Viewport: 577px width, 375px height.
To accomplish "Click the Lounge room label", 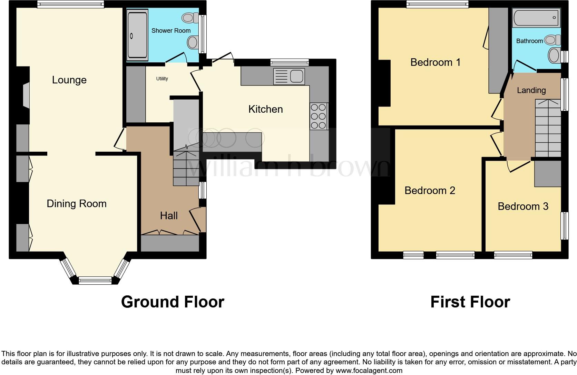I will coord(69,80).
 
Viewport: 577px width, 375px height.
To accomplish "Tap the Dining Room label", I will coord(76,204).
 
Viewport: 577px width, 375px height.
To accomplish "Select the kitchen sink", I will coord(289,76).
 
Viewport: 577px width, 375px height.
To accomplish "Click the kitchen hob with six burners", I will coord(319,116).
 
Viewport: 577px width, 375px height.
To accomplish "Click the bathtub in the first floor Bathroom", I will coord(536,18).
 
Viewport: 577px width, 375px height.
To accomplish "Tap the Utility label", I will coord(162,79).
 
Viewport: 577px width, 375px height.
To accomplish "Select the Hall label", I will coord(169,216).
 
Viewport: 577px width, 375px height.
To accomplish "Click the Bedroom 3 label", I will coord(523,206).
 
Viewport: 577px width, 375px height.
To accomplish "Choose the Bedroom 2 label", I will coord(430,191).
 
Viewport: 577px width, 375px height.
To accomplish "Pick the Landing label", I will coord(531,90).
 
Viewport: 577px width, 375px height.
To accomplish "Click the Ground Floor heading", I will coord(173,302).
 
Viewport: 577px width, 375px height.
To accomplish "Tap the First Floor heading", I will coord(470,302).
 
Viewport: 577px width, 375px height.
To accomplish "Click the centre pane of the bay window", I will coord(95,281).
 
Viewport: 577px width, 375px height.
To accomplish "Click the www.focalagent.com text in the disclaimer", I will coord(369,371).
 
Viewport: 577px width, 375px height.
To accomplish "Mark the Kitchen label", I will coord(265,109).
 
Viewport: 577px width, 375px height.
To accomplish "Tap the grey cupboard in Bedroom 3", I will coord(547,174).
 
